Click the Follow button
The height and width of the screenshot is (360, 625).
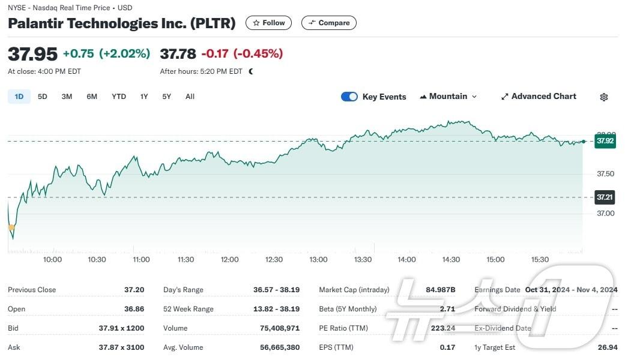point(268,23)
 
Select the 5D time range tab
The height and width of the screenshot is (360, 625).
point(42,97)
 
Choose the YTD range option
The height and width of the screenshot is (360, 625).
point(119,97)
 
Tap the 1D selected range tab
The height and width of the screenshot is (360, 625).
point(19,97)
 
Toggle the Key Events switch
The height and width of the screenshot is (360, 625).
point(349,97)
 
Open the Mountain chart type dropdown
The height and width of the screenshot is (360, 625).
point(448,97)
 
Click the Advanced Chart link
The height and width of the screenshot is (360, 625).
point(539,97)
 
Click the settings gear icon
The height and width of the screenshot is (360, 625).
point(604,97)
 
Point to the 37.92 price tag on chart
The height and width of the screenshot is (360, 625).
point(605,142)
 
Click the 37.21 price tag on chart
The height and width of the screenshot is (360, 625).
point(605,197)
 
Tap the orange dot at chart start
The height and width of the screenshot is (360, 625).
point(11,227)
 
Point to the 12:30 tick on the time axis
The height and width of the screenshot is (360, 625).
point(274,260)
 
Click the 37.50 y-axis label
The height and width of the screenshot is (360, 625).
point(605,174)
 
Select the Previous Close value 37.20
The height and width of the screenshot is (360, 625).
point(134,290)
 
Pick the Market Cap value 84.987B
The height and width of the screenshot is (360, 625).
point(441,290)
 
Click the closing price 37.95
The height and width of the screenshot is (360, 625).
point(32,54)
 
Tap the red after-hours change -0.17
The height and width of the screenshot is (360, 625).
point(215,54)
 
